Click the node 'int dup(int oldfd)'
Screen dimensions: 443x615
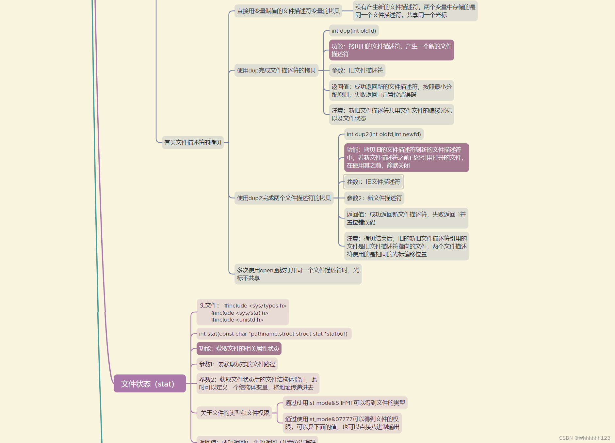354,31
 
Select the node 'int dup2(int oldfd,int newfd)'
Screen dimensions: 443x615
384,134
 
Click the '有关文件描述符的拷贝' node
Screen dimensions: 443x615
193,142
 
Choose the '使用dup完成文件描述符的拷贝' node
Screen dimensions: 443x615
276,70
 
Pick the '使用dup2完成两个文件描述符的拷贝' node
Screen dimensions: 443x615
284,198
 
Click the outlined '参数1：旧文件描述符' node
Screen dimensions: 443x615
373,182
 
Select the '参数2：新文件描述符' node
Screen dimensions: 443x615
374,198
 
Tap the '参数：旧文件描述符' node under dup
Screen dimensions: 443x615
357,70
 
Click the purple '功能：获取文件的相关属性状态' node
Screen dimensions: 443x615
239,348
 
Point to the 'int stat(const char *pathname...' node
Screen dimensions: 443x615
273,334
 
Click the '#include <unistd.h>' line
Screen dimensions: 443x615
237,320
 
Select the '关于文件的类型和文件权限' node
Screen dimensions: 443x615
235,413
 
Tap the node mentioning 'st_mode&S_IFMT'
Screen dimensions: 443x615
345,403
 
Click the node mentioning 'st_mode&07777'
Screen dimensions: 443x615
342,423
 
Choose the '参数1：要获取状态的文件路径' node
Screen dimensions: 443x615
237,364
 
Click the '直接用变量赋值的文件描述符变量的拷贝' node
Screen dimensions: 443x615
288,11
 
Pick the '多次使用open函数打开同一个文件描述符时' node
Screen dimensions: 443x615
298,274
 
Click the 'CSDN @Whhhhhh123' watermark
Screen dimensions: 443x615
584,438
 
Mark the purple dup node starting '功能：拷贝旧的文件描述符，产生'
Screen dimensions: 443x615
391,50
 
